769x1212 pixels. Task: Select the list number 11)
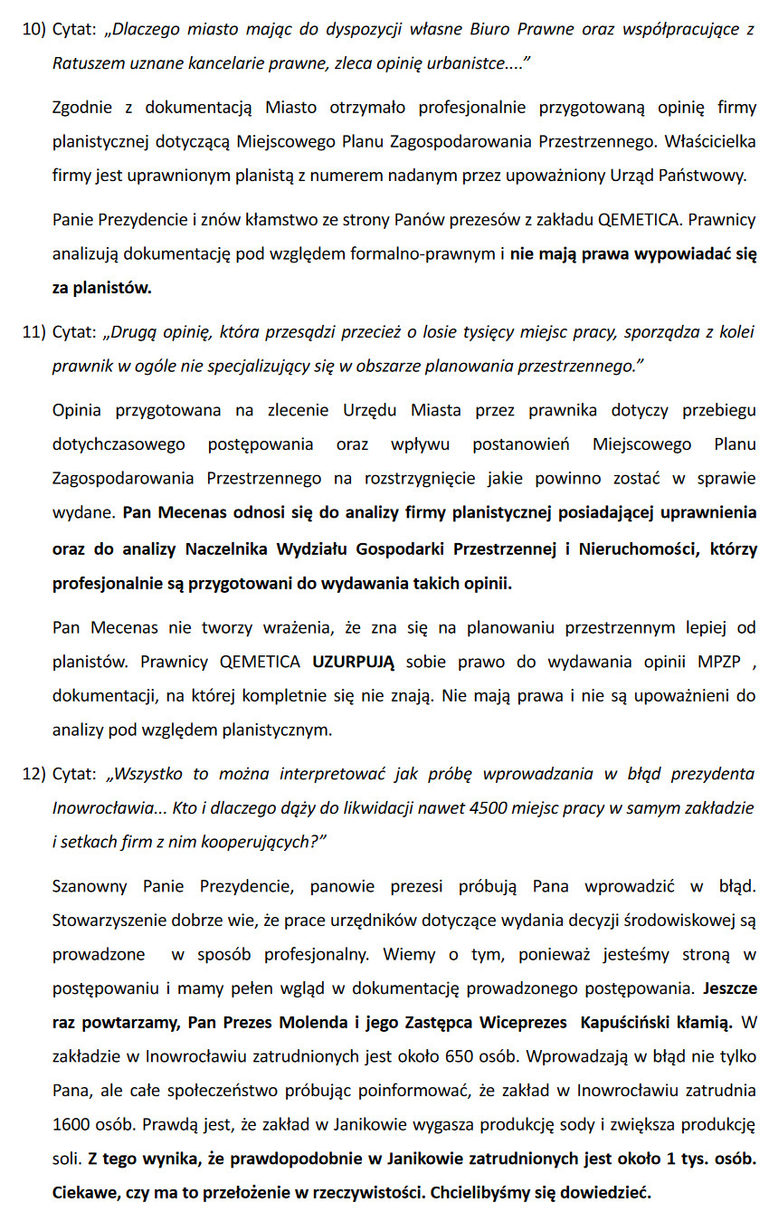(x=33, y=332)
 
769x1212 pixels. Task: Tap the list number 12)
(x=33, y=774)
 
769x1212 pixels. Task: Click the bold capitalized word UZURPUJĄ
(x=354, y=662)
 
